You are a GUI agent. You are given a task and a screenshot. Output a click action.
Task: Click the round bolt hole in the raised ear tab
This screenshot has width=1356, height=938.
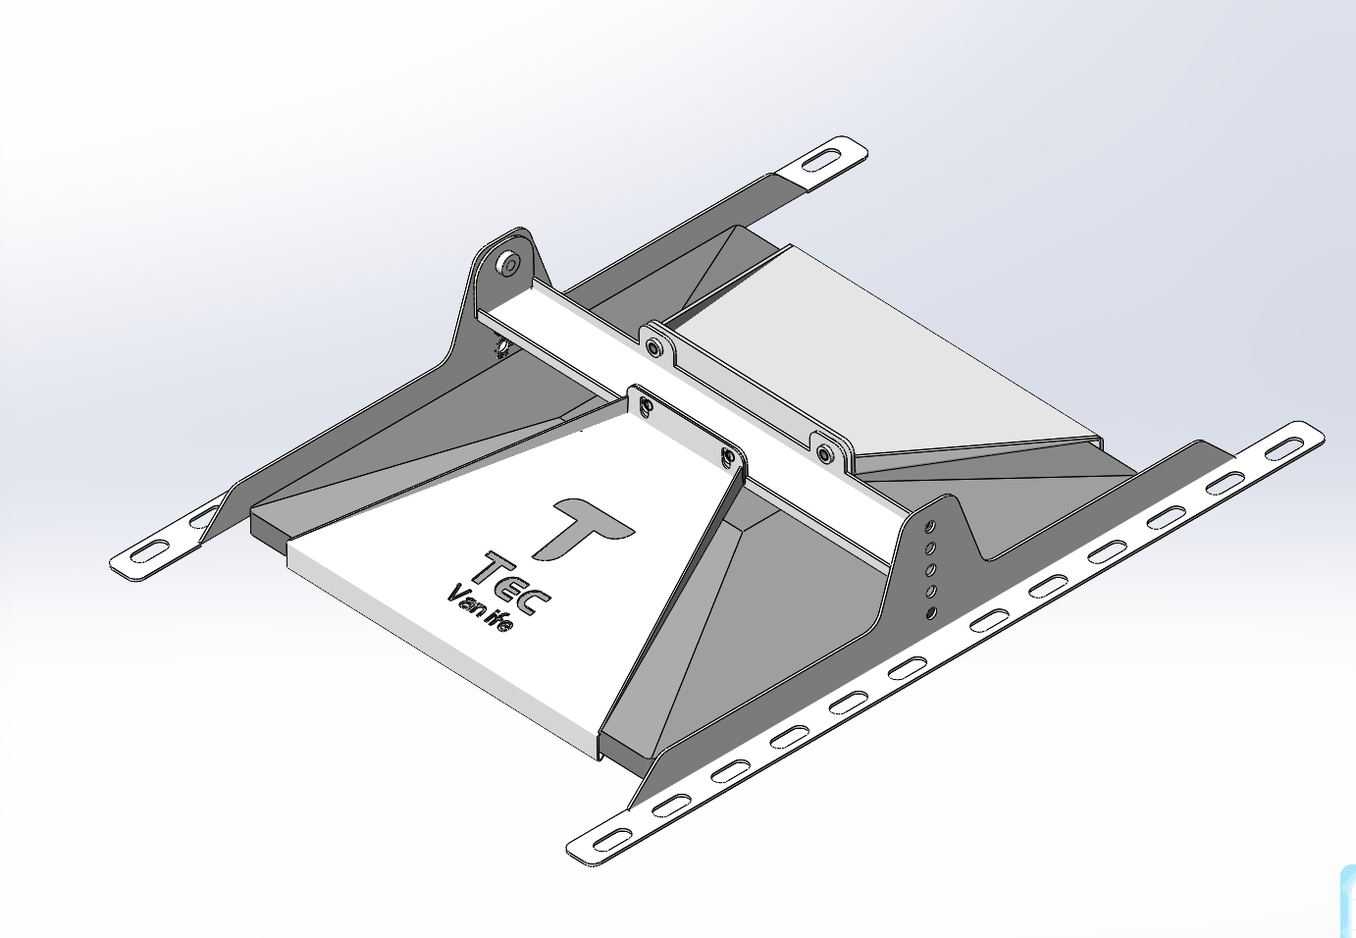pos(507,263)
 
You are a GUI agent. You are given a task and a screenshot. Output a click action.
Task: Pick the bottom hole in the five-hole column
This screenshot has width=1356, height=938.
pos(930,613)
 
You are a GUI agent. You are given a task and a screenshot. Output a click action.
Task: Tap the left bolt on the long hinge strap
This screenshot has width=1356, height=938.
pos(654,345)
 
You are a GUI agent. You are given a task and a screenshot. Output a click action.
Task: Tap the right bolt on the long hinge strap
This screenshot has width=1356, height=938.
pos(825,453)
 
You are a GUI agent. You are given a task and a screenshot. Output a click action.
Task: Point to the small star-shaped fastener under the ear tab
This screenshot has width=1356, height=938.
pos(500,348)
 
